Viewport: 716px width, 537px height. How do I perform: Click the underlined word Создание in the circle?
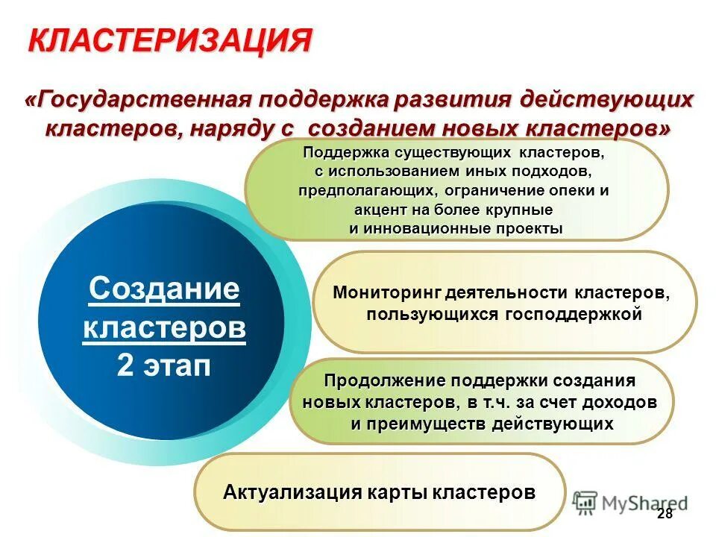(x=164, y=289)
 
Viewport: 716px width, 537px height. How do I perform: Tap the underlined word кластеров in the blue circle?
(x=164, y=328)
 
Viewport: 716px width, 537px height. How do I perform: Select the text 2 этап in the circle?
(x=164, y=366)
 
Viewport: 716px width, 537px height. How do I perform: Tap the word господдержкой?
(x=575, y=314)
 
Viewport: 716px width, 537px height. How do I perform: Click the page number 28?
(x=665, y=515)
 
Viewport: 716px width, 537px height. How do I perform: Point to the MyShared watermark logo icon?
(x=586, y=501)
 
